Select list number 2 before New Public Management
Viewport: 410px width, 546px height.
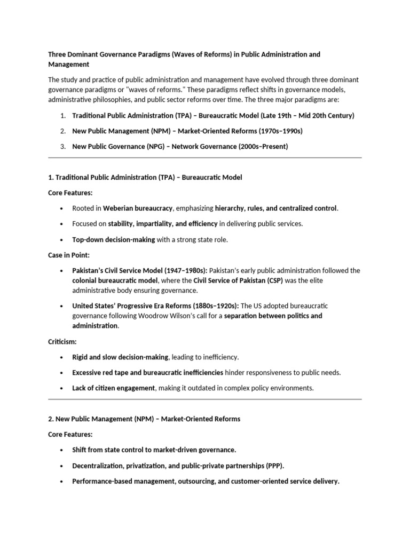point(62,131)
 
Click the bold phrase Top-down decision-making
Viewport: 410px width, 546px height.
point(114,239)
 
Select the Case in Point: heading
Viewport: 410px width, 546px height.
point(69,255)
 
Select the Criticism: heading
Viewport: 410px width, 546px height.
point(62,341)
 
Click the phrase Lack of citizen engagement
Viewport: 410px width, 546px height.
point(114,388)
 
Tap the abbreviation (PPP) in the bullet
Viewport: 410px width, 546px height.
point(274,465)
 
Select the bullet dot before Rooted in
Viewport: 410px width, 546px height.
point(62,208)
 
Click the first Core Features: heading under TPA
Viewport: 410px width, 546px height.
point(70,192)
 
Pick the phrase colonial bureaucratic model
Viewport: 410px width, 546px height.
point(115,280)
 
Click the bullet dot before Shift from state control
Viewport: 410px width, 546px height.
point(62,450)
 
